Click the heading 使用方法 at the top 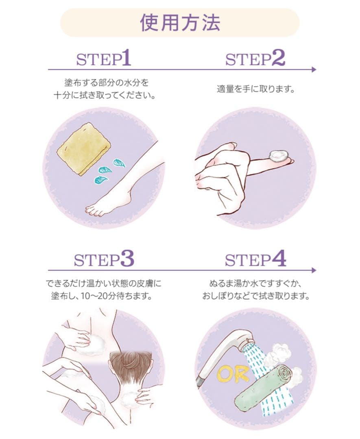click(x=180, y=23)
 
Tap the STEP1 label click(x=104, y=59)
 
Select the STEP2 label click(x=255, y=59)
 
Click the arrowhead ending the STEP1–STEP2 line click(x=314, y=70)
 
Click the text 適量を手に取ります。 click(x=255, y=89)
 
